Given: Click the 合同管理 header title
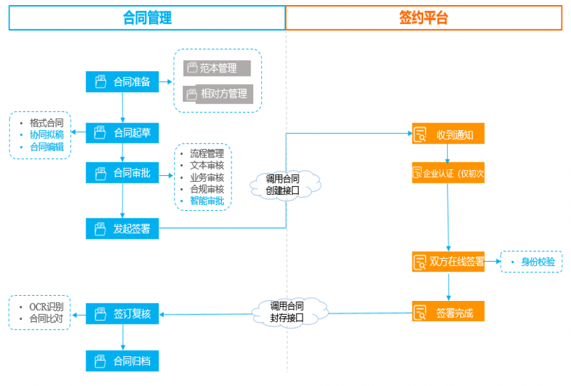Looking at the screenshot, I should coord(147,18).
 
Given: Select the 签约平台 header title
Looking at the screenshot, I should coord(423,18).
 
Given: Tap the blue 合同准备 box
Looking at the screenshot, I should coord(122,82).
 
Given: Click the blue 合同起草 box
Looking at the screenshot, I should coord(122,133).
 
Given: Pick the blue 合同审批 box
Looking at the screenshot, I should coord(122,173).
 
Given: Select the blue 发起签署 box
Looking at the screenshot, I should coord(122,229).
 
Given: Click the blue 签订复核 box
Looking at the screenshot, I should coord(122,314).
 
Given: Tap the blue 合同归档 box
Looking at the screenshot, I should coord(122,361).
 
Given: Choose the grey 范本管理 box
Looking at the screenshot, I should coord(217,68).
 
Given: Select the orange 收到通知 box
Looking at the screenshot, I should coord(448,135).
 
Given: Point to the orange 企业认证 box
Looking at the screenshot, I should coord(448,173).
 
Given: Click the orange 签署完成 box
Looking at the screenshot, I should coord(448,312).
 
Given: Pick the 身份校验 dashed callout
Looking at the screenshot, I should coord(532,262).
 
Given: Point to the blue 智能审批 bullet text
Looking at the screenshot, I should coord(207,201).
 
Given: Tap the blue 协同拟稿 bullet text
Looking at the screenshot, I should coord(46,135).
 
